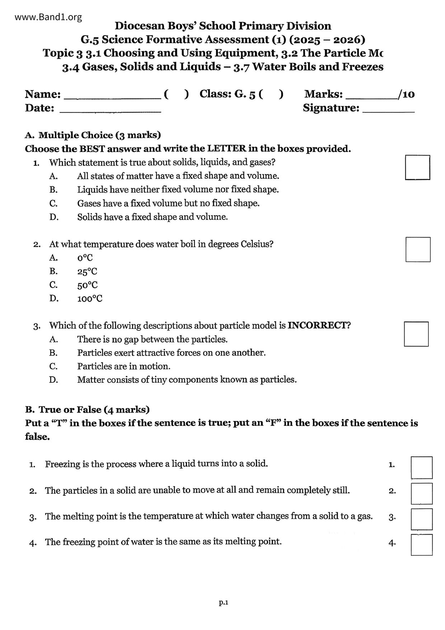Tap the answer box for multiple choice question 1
[x=417, y=167]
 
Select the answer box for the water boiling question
[x=418, y=249]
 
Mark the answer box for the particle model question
[x=416, y=334]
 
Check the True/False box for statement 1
[x=422, y=468]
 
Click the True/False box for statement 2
[x=422, y=494]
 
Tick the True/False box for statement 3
[x=422, y=519]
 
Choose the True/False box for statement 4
[x=422, y=545]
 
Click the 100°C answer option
[x=90, y=298]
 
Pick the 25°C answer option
[x=87, y=272]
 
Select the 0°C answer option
[x=85, y=258]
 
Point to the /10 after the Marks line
[x=406, y=94]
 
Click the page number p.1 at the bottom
[x=224, y=602]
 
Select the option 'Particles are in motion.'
[x=124, y=366]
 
